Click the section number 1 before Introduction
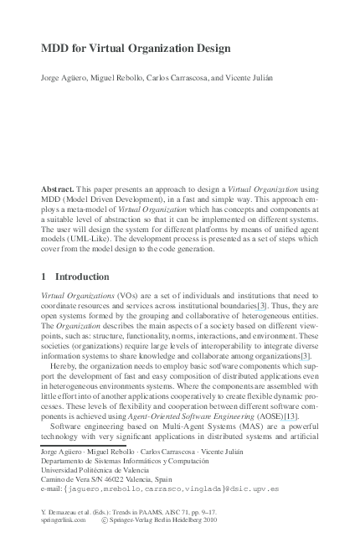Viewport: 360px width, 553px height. click(44, 276)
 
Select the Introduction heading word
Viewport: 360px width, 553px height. click(82, 276)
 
